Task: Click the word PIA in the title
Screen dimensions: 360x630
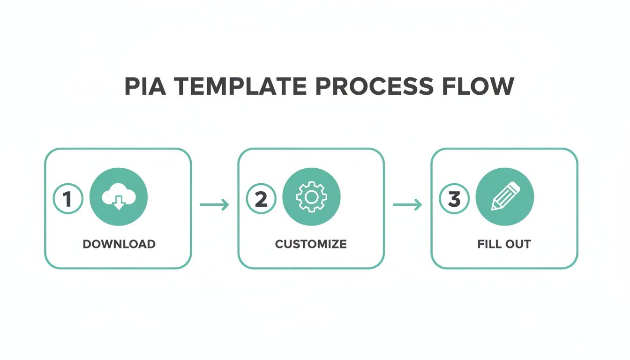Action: tap(143, 87)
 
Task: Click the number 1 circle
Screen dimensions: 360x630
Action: tap(68, 199)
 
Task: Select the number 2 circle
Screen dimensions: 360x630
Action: tap(261, 199)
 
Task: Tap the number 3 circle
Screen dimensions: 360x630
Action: tap(454, 199)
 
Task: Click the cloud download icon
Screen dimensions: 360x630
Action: tap(119, 197)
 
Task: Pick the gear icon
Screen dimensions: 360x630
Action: tap(311, 197)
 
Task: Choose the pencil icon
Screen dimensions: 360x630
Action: tap(505, 197)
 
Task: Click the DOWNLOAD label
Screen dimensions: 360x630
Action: tap(119, 244)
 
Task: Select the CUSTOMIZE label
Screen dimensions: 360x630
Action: tap(311, 244)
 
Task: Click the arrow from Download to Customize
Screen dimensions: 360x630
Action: tap(214, 204)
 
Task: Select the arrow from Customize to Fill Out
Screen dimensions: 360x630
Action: tap(407, 204)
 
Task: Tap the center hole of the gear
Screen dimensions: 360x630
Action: tap(311, 197)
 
